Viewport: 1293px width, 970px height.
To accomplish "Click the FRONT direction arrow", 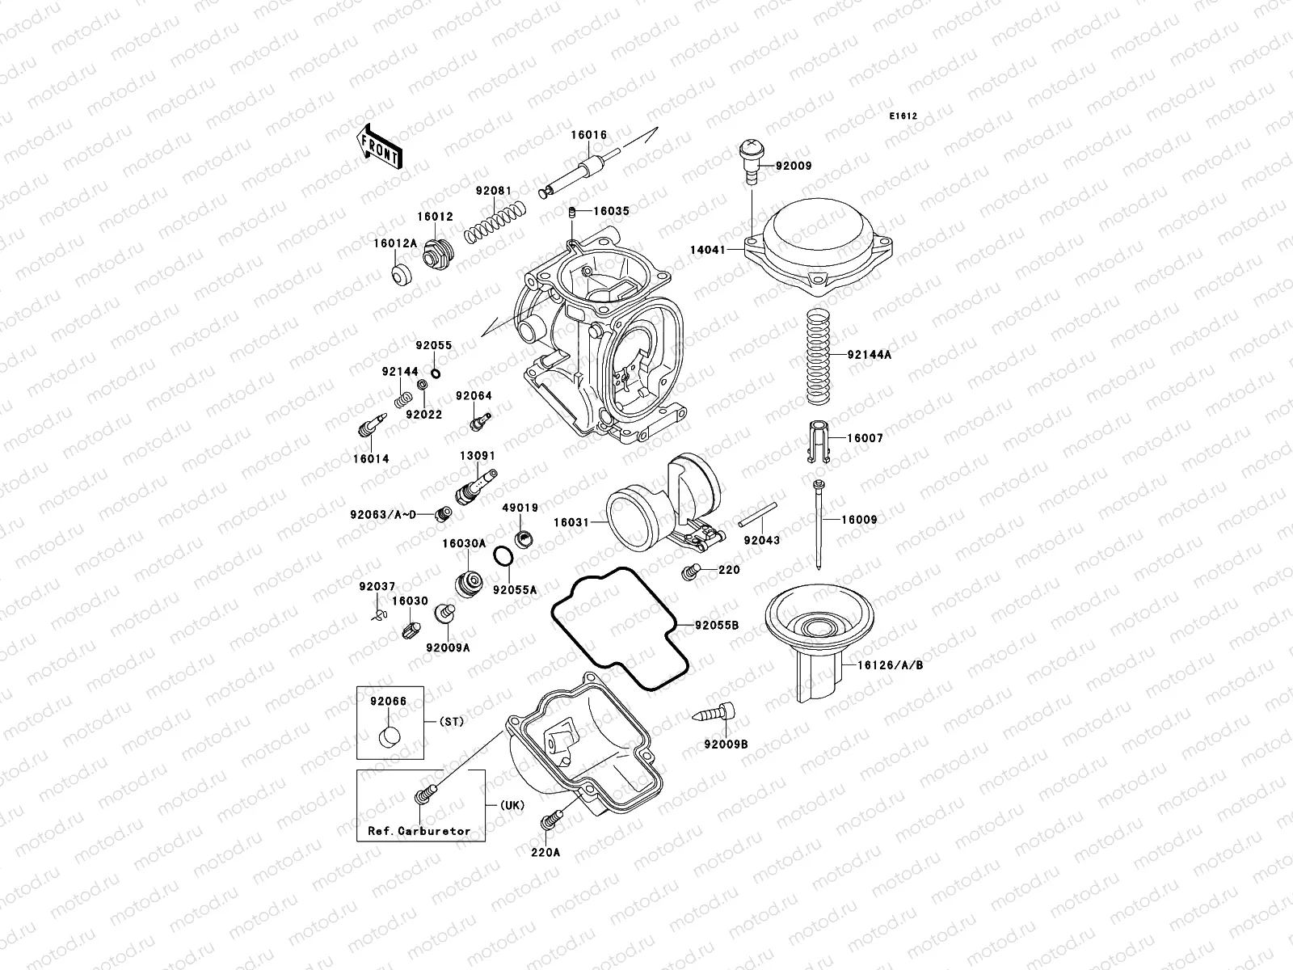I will (x=380, y=145).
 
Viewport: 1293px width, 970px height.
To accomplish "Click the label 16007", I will (x=866, y=438).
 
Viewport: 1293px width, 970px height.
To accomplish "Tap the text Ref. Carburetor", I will (x=419, y=830).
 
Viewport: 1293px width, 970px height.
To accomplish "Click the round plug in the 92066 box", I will (x=390, y=738).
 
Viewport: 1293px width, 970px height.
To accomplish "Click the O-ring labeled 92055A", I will (x=501, y=557).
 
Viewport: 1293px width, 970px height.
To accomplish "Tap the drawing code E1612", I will (x=903, y=116).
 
